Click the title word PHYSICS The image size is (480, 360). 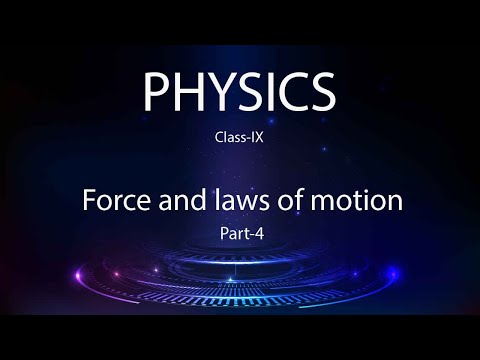pos(240,92)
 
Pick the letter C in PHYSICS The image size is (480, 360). pos(289,92)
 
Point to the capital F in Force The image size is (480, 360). pos(87,200)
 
